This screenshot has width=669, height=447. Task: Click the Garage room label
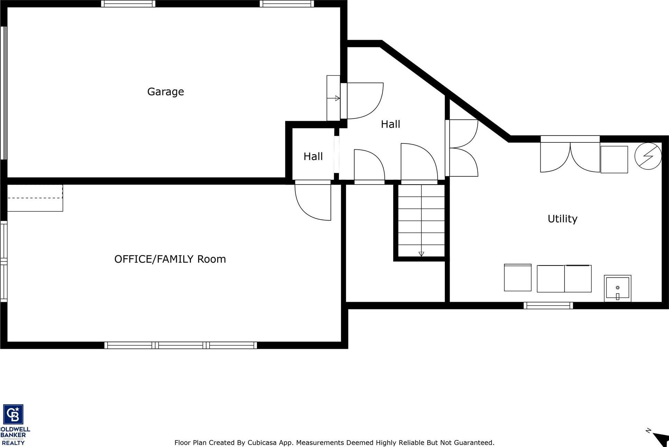(165, 92)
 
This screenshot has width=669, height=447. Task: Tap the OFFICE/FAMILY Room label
(170, 259)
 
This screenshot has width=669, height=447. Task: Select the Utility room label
(562, 218)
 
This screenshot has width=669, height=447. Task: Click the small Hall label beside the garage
(313, 156)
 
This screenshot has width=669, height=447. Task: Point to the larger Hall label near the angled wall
(390, 124)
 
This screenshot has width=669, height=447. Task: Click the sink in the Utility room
(617, 288)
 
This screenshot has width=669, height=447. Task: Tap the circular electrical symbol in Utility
(648, 156)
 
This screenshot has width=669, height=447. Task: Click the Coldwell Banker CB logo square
(13, 414)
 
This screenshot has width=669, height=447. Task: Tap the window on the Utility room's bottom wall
(548, 306)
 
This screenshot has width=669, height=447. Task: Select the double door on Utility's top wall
(570, 156)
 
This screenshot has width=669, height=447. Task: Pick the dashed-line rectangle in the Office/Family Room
(35, 198)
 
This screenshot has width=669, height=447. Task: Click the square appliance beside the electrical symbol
(614, 159)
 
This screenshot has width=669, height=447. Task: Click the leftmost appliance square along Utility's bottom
(517, 278)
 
